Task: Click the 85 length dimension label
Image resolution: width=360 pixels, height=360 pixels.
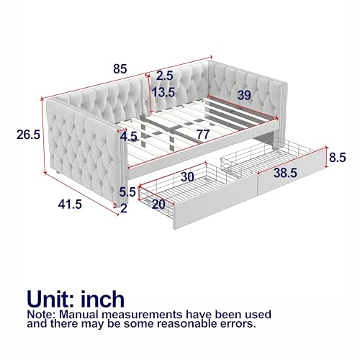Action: [x=120, y=69]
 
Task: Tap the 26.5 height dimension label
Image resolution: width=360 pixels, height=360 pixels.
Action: [x=28, y=135]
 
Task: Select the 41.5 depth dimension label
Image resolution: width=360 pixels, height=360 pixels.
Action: [x=70, y=204]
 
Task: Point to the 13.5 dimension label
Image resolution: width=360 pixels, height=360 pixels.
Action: [x=163, y=92]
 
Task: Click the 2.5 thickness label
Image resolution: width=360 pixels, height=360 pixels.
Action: [x=165, y=76]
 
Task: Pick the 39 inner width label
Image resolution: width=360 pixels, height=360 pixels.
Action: [x=244, y=95]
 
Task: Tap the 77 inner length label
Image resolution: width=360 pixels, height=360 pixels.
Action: [x=203, y=135]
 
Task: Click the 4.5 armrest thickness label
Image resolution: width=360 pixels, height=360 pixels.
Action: [x=129, y=137]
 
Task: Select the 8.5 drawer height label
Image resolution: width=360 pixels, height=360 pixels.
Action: [x=338, y=158]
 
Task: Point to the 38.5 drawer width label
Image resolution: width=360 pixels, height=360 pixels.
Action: [x=285, y=173]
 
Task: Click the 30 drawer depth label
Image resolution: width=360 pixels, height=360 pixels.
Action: [x=187, y=177]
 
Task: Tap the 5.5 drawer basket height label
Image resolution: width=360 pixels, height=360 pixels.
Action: [x=127, y=192]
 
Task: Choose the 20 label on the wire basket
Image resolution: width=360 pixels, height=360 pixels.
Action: [x=158, y=204]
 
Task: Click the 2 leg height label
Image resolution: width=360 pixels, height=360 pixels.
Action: [x=124, y=208]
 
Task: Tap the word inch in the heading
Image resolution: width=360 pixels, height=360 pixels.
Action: [x=103, y=299]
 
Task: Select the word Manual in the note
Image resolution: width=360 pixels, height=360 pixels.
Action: [x=78, y=315]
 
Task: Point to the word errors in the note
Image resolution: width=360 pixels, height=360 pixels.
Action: [x=238, y=324]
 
